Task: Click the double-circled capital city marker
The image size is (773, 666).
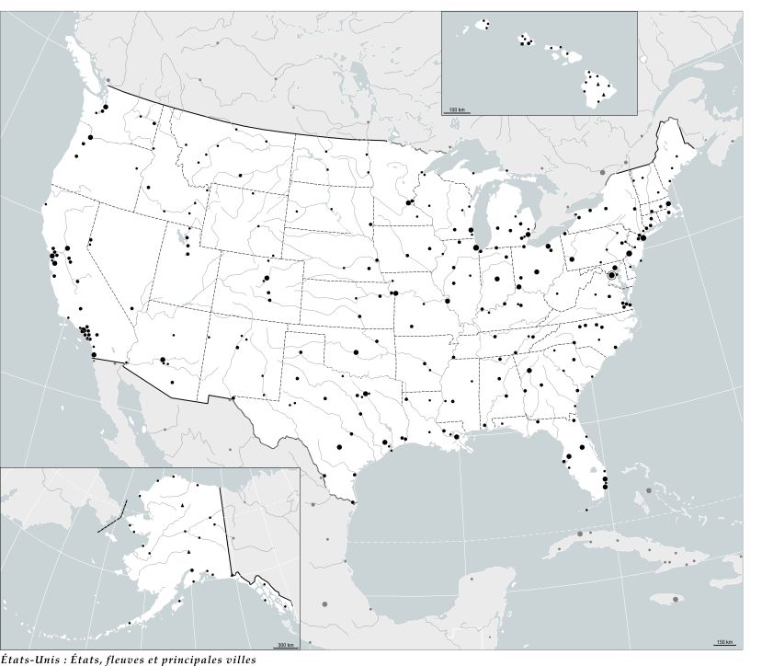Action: pos(613,275)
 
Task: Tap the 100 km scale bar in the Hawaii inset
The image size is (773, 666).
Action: pos(457,111)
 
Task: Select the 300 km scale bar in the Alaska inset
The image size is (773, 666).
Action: pos(286,645)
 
